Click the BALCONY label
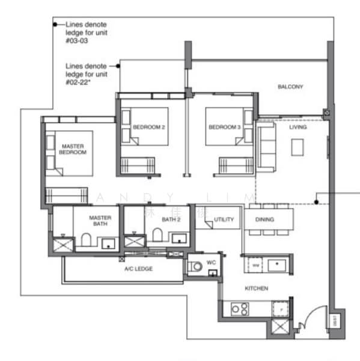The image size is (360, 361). pyautogui.click(x=290, y=87)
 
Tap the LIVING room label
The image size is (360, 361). pyautogui.click(x=297, y=127)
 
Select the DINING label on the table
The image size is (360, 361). pyautogui.click(x=264, y=220)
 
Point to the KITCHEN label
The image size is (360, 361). pyautogui.click(x=256, y=289)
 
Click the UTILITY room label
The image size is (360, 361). pyautogui.click(x=224, y=220)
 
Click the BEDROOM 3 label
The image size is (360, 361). pyautogui.click(x=224, y=128)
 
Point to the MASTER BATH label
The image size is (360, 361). pyautogui.click(x=100, y=221)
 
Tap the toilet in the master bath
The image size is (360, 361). pyautogui.click(x=85, y=241)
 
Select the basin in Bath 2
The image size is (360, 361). pyautogui.click(x=178, y=238)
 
